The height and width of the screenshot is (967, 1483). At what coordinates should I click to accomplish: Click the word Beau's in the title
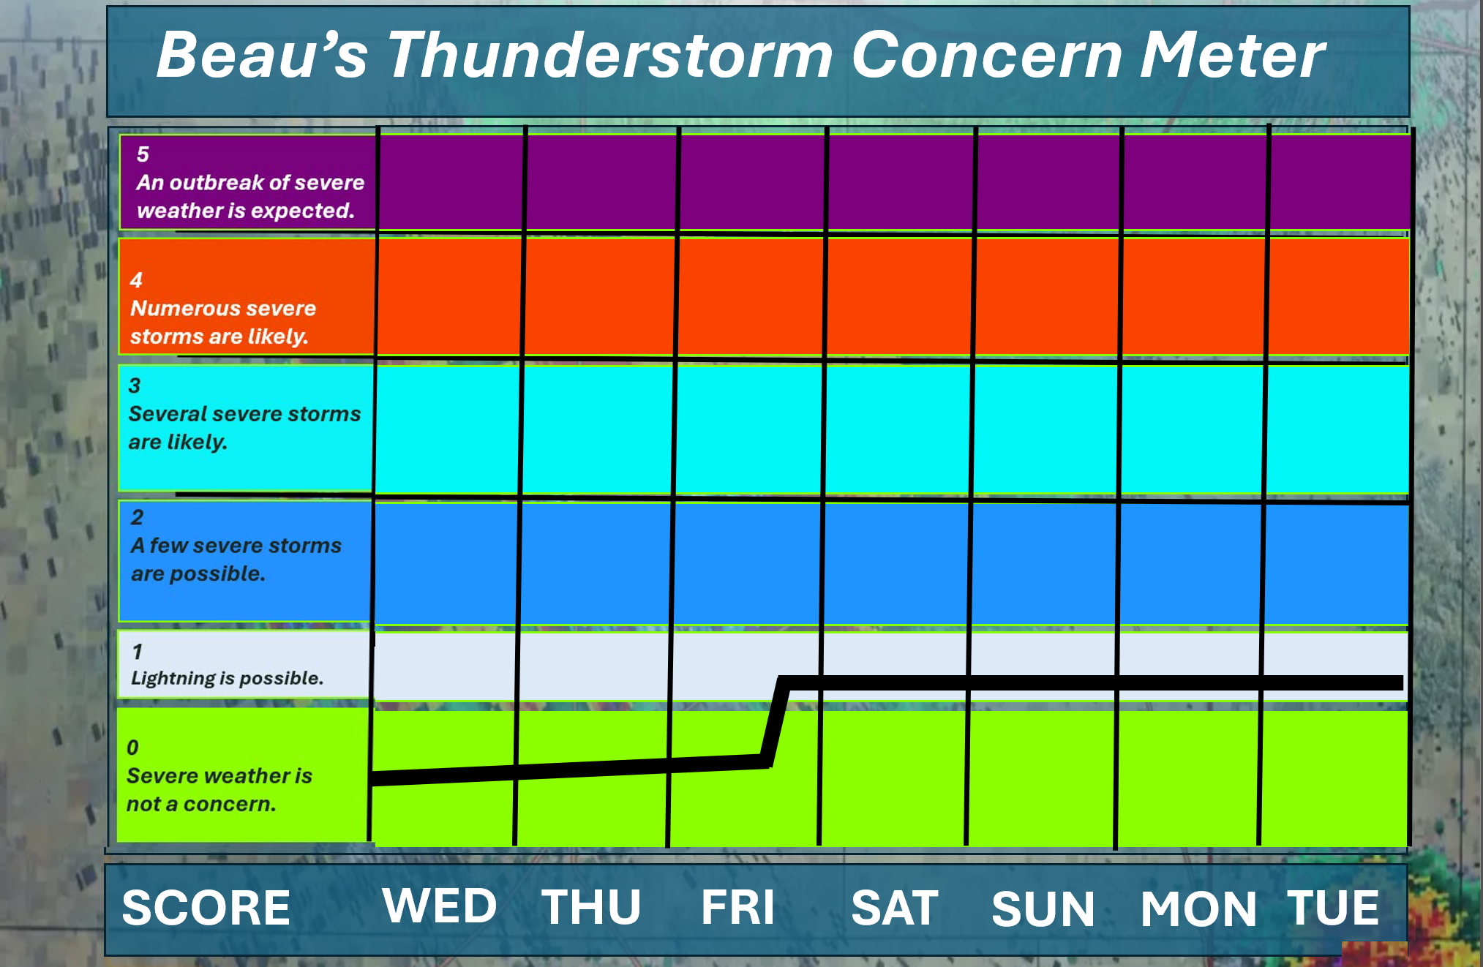(x=262, y=56)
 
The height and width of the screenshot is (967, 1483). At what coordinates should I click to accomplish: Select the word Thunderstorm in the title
(x=610, y=56)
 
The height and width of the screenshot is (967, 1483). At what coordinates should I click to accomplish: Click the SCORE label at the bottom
(x=206, y=908)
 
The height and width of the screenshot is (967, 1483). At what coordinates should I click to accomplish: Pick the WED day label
(x=440, y=906)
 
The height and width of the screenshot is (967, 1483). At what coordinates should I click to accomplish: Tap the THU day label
(x=591, y=907)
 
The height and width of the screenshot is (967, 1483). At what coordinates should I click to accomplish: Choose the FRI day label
(x=737, y=907)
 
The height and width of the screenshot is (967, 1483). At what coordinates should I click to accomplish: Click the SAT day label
(x=895, y=908)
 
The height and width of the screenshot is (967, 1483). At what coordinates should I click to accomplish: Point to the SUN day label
(x=1043, y=909)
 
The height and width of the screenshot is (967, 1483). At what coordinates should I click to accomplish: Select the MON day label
(x=1198, y=909)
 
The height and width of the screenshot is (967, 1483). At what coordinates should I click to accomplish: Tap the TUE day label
(x=1333, y=908)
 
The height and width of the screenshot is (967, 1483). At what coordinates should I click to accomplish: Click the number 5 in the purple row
(x=143, y=154)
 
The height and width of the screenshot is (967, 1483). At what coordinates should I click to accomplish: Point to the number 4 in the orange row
(x=136, y=280)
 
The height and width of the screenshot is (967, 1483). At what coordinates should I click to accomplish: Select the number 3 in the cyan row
(x=135, y=385)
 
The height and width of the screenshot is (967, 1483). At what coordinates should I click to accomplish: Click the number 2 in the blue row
(x=137, y=517)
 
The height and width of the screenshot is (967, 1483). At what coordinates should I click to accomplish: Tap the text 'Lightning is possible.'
(x=227, y=678)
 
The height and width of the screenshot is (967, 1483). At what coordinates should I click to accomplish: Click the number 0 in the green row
(x=132, y=748)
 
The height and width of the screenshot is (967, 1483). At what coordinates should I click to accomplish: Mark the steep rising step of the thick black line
(x=775, y=722)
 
